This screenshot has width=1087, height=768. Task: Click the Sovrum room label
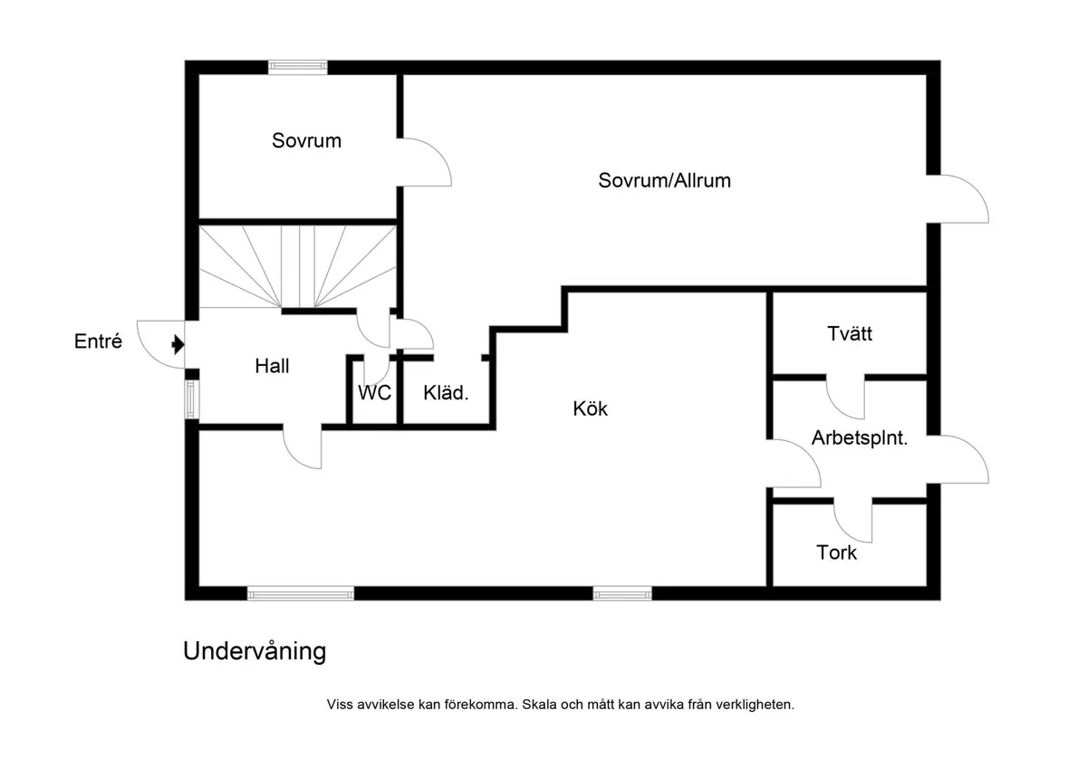click(306, 140)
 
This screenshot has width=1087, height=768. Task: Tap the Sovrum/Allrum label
click(664, 180)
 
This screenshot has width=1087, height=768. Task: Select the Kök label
click(591, 408)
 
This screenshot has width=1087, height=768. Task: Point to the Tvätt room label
click(850, 333)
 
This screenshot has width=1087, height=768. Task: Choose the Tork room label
click(836, 552)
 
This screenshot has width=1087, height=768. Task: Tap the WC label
click(374, 394)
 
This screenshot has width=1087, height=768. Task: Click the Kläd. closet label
click(446, 394)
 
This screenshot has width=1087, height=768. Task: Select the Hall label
click(272, 366)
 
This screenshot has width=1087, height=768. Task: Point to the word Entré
click(98, 342)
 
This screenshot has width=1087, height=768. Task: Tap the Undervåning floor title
click(255, 651)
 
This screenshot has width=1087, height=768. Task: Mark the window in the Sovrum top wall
click(297, 66)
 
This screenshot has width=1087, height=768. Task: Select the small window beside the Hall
click(191, 399)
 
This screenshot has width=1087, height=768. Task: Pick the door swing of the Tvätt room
click(846, 398)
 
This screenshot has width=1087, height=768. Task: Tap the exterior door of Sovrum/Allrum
click(958, 198)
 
